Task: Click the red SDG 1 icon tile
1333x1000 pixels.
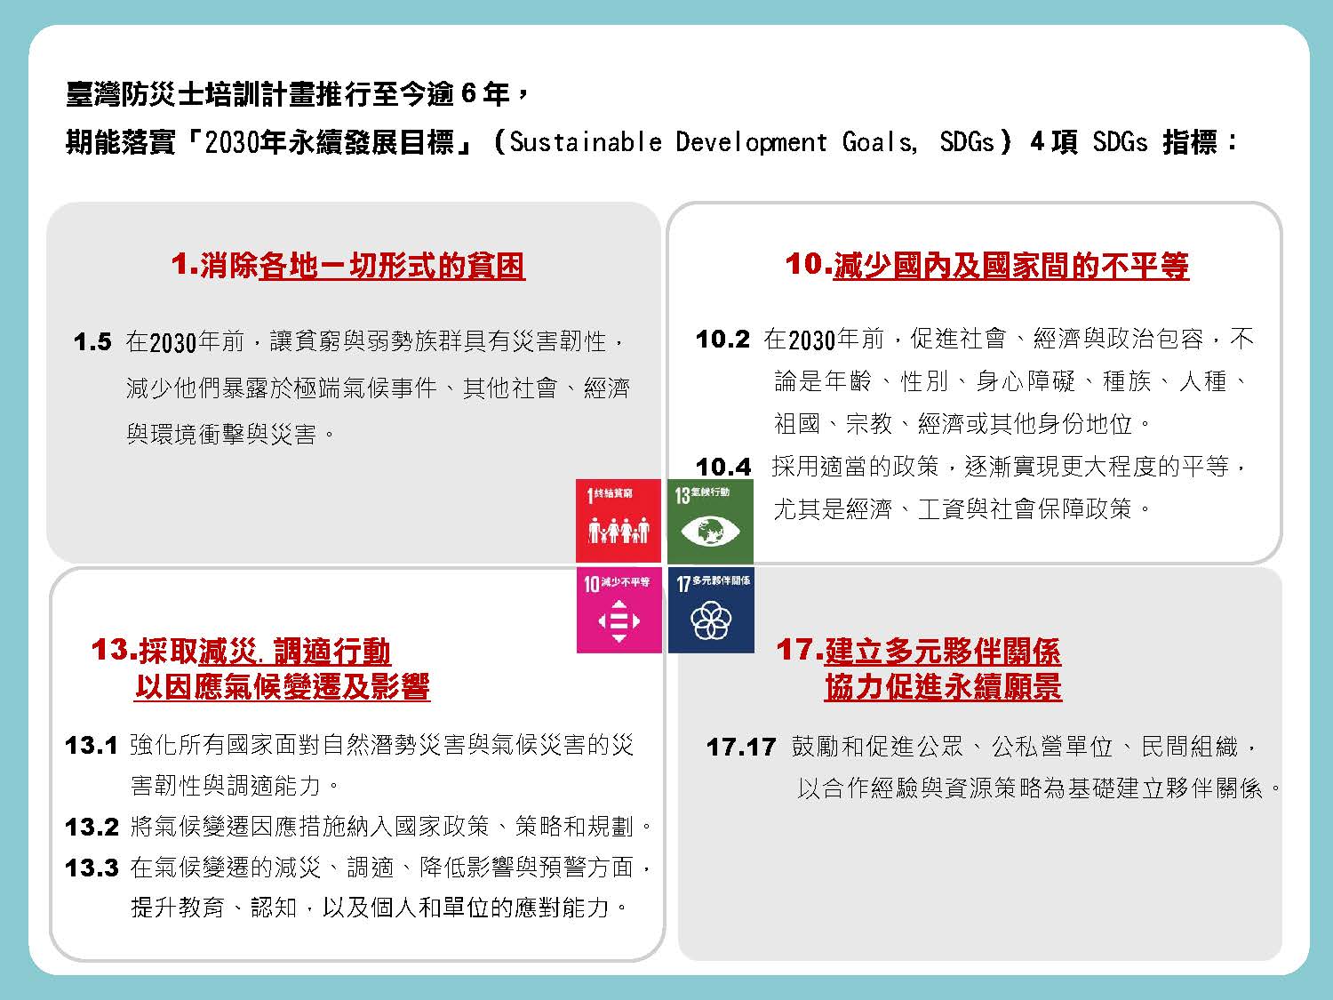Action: point(619,520)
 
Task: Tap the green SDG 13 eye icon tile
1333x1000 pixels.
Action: point(710,520)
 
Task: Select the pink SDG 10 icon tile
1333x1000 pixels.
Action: point(619,610)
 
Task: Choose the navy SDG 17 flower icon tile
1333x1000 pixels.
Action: point(711,610)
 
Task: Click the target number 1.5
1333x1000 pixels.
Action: point(92,342)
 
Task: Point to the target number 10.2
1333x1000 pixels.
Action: point(722,340)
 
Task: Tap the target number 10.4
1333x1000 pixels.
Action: point(723,467)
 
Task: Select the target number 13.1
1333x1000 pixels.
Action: point(92,746)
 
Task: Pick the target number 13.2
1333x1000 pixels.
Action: point(92,827)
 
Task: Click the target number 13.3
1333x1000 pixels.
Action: point(92,868)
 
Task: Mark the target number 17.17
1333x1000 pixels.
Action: point(741,747)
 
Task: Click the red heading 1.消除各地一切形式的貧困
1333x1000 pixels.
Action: point(348,266)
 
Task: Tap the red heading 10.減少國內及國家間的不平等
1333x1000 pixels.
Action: point(986,265)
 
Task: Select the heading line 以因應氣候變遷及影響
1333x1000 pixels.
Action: point(283,687)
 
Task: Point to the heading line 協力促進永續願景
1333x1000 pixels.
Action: point(943,687)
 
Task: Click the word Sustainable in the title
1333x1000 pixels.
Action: point(586,142)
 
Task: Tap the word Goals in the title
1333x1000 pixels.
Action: point(879,142)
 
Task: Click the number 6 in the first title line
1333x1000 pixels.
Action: point(468,93)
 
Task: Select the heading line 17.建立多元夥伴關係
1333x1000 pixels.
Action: point(918,651)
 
